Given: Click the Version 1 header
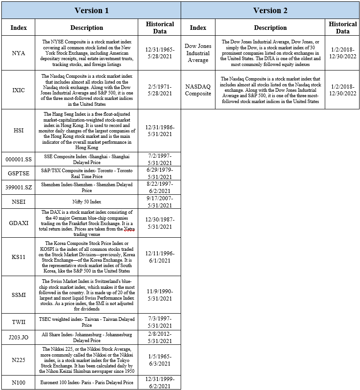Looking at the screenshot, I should click(x=91, y=10).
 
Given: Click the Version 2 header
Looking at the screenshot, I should click(x=270, y=10).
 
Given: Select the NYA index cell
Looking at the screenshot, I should click(x=19, y=53).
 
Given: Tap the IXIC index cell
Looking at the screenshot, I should click(x=19, y=90).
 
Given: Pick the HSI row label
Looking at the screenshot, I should click(x=19, y=130).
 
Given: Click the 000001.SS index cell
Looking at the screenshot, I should click(x=19, y=160).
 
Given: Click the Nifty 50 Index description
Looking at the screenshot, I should click(x=87, y=202).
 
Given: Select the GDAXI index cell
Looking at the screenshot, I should click(x=19, y=223).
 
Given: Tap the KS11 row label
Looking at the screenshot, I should click(x=19, y=257).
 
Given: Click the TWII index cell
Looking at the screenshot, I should click(x=19, y=322).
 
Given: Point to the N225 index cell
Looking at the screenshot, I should click(x=19, y=360).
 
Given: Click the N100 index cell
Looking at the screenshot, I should click(x=19, y=382).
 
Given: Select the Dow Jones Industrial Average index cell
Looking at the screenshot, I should click(x=198, y=53).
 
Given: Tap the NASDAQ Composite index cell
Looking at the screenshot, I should click(x=198, y=90).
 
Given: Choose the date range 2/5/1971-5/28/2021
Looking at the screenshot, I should click(x=160, y=90).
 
